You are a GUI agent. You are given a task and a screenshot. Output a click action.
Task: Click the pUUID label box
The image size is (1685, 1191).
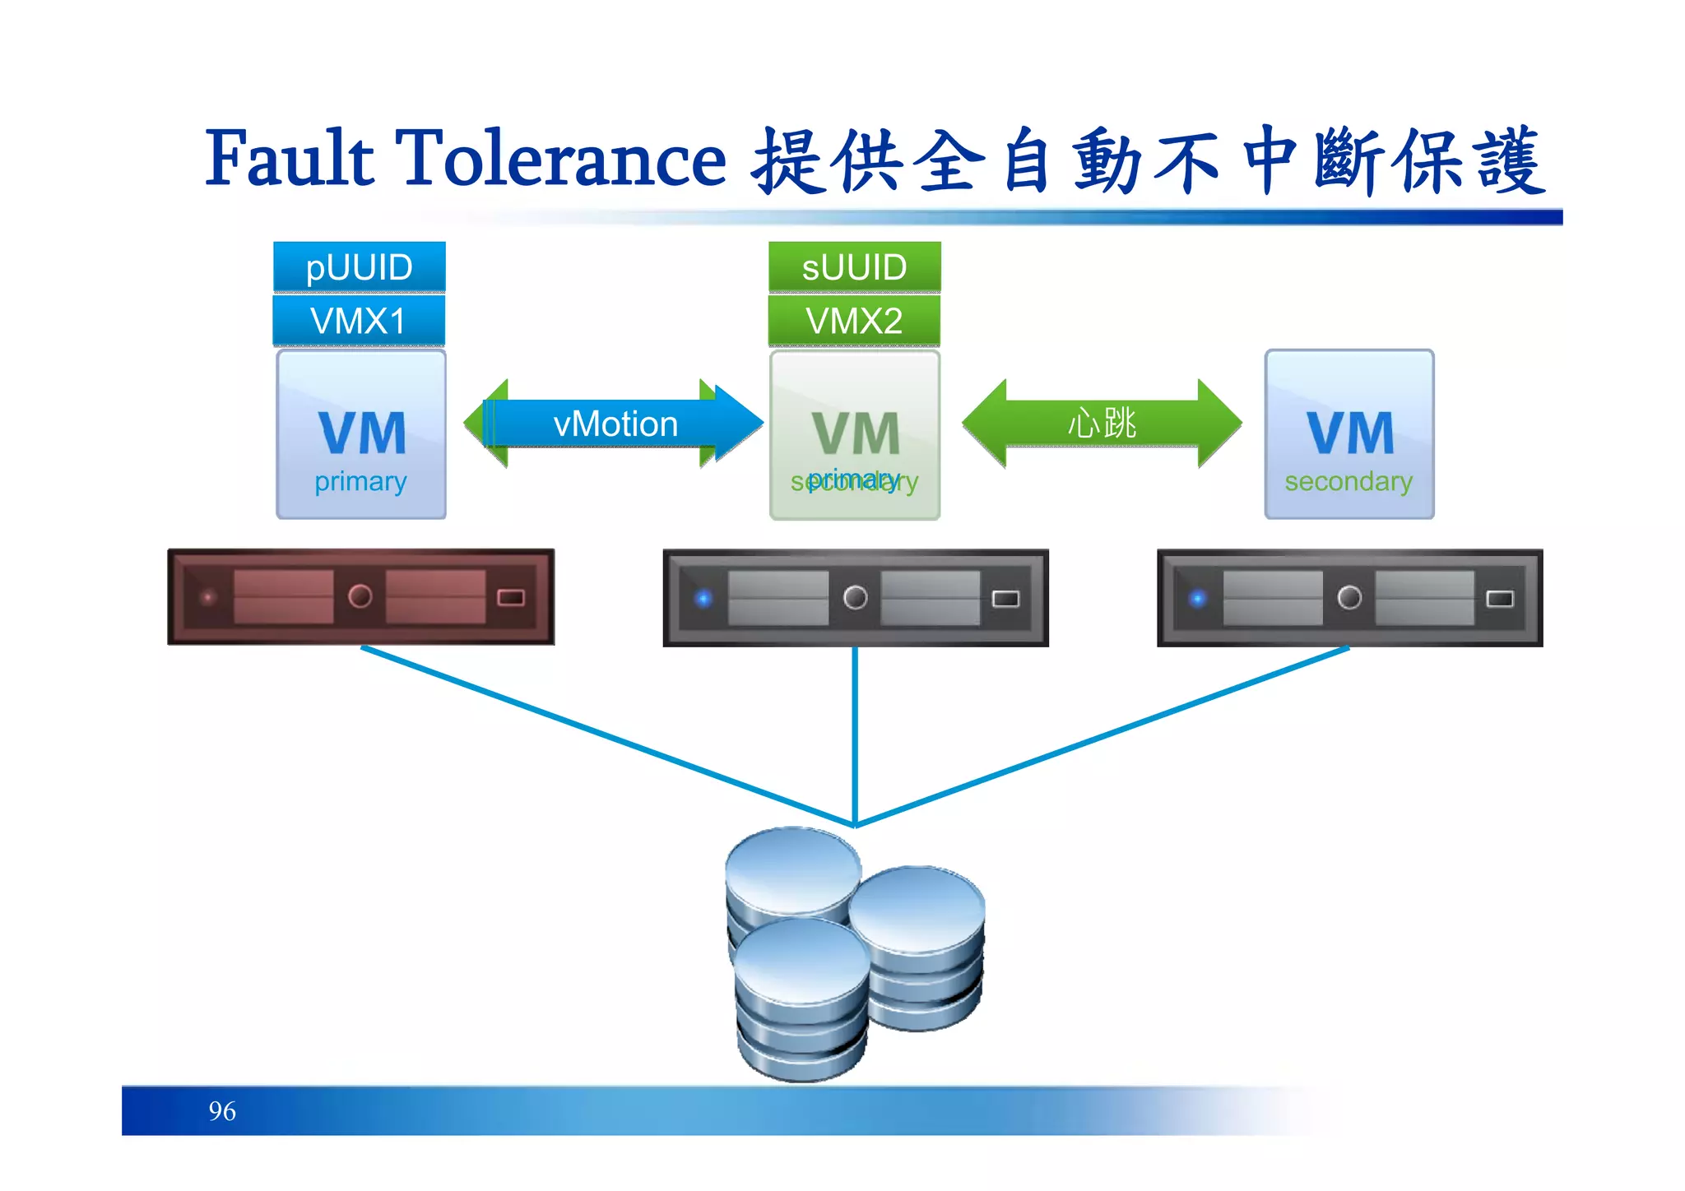tap(359, 267)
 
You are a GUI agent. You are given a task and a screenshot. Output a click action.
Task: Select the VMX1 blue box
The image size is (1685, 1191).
tap(359, 321)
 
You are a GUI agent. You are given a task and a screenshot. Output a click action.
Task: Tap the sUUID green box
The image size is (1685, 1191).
tap(854, 267)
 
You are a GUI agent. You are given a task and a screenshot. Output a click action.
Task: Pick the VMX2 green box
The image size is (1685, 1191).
tap(854, 321)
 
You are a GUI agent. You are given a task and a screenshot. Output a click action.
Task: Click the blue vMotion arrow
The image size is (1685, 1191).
tap(615, 424)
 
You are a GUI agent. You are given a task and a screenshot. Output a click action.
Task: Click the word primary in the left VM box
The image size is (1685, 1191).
tap(360, 481)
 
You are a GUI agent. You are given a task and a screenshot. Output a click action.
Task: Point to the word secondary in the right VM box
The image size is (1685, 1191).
tap(1348, 481)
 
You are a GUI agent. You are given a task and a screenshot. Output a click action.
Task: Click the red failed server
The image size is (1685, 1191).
tap(360, 597)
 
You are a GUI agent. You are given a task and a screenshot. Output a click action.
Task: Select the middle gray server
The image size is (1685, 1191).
tap(856, 598)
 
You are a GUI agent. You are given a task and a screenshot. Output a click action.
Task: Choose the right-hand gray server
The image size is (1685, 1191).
tap(1349, 598)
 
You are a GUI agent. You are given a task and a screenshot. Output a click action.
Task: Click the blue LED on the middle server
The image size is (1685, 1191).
tap(703, 598)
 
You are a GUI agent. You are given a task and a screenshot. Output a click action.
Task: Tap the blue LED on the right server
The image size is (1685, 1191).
tap(1198, 598)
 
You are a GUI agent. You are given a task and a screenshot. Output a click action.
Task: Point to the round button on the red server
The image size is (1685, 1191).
tap(360, 595)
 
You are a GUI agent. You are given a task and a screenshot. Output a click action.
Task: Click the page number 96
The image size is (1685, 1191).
tap(222, 1111)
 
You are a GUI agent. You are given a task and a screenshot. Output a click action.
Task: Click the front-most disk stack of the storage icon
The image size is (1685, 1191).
tap(801, 999)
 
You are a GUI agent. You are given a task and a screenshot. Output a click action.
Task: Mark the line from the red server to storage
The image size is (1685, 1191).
tap(609, 737)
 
